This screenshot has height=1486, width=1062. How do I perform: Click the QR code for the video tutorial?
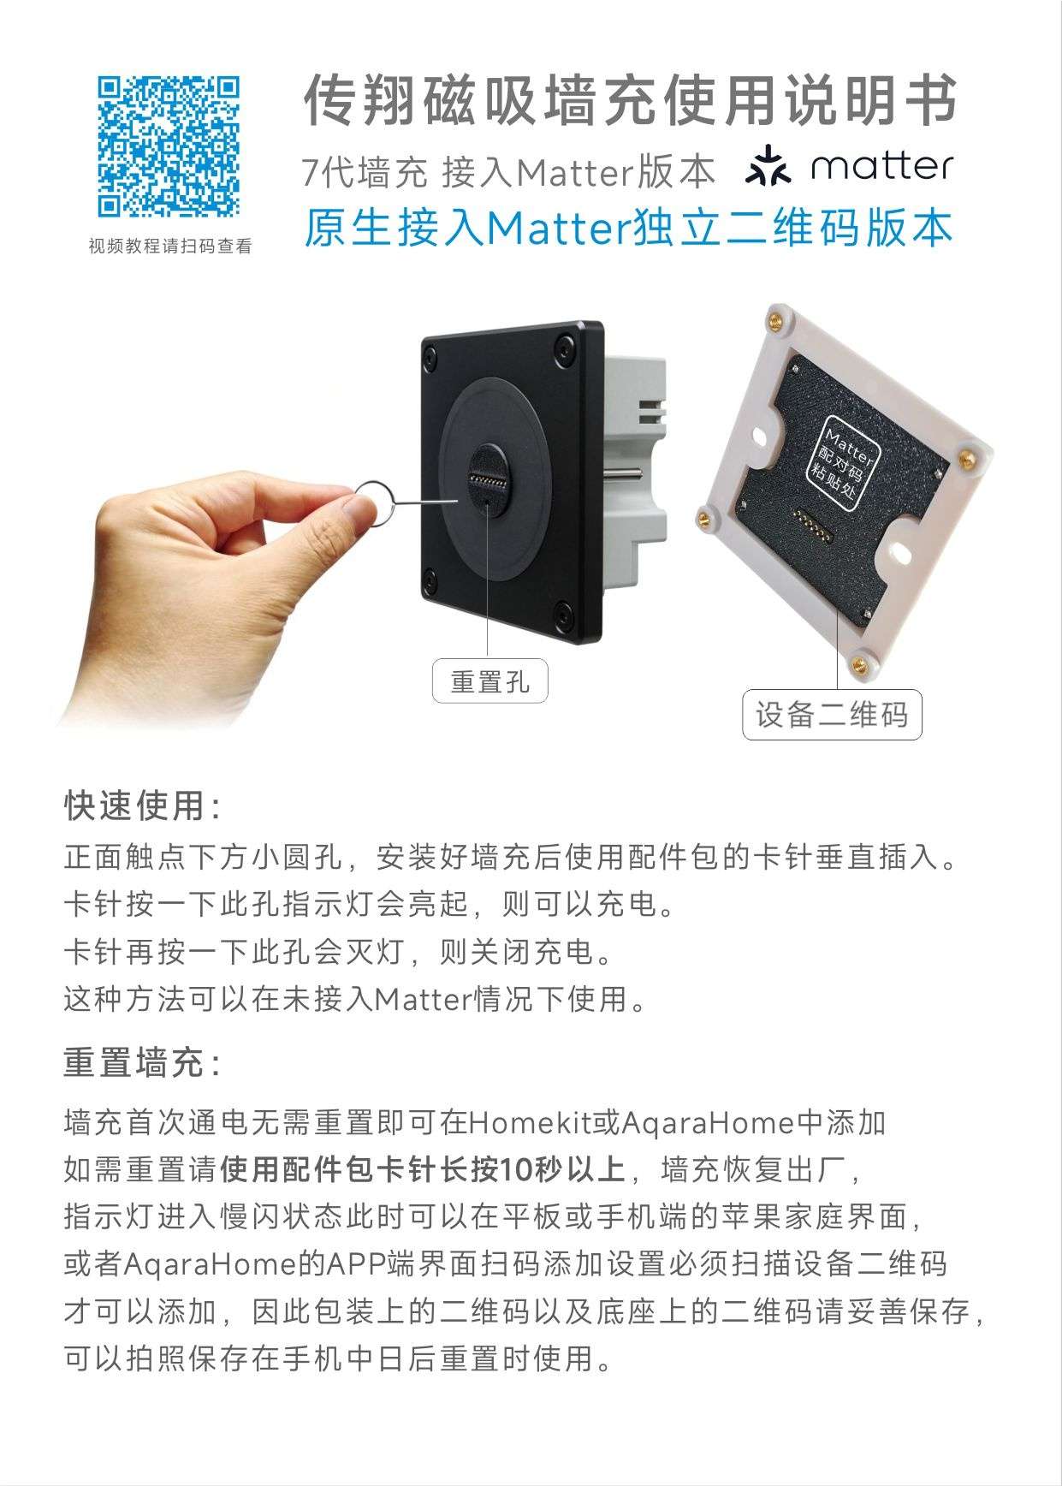pos(169,146)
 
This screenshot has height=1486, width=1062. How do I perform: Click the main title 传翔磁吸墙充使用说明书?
pos(630,101)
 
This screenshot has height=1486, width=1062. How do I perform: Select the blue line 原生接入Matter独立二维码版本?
pos(628,229)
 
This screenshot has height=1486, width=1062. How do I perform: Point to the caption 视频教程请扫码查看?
pos(170,247)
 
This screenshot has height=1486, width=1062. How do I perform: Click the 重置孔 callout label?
pos(489,681)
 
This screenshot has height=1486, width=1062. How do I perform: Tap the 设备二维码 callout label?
pos(831,714)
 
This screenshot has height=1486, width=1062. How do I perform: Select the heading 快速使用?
pos(143,805)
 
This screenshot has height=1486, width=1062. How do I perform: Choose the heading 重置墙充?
pos(143,1063)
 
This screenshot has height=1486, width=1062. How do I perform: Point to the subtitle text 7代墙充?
pos(364,174)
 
